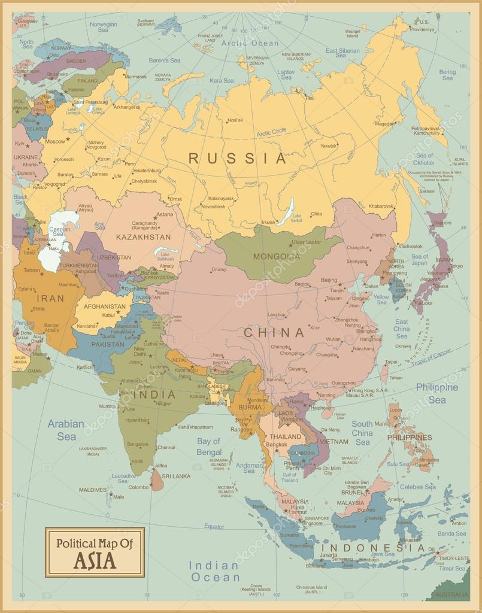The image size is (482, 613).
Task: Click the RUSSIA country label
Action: [x=238, y=159]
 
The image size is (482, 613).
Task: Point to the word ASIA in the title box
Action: [x=95, y=561]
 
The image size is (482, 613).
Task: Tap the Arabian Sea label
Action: [x=66, y=430]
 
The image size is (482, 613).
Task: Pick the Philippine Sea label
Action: [x=436, y=393]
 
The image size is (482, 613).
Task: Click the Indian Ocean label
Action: [x=214, y=572]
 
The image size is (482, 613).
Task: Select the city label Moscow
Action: [x=54, y=141]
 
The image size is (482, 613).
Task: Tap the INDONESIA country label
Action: [x=374, y=548]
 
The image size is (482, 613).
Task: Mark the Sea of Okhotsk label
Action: [x=424, y=159]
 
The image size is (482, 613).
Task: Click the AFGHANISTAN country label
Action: [x=105, y=306]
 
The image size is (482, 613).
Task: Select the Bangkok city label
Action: [x=276, y=445]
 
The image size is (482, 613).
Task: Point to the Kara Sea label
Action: [x=222, y=80]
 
